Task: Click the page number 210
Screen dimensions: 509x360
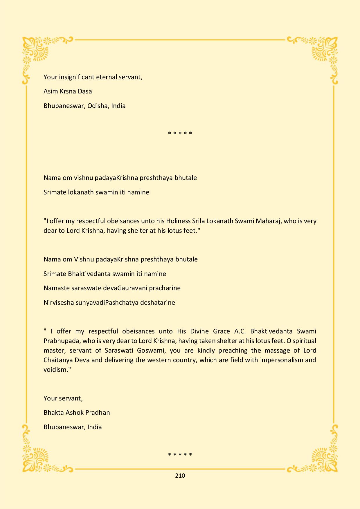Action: (x=180, y=476)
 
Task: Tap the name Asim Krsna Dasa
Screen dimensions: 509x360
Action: (x=68, y=91)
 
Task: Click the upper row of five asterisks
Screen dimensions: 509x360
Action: (x=180, y=133)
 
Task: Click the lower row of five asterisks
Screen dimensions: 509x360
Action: (x=180, y=454)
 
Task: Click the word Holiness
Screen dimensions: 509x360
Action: (x=178, y=221)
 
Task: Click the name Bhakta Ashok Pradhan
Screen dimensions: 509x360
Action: (x=77, y=412)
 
